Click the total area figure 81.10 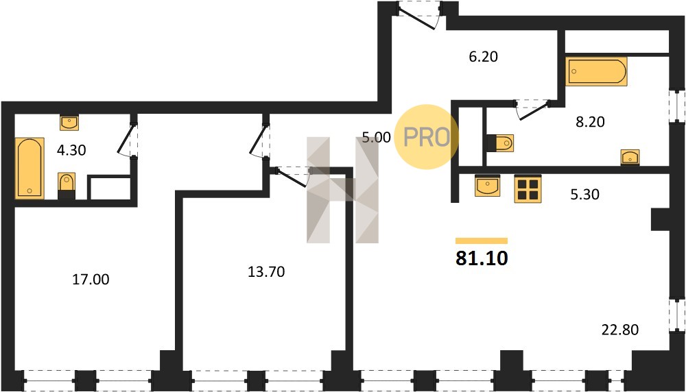482,258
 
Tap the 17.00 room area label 91,279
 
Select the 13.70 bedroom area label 266,272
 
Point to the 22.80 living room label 620,330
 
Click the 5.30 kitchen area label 585,194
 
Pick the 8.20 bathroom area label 590,121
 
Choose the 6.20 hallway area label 484,56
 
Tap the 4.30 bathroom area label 71,150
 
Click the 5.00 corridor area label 376,137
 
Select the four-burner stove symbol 528,188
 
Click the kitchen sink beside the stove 487,186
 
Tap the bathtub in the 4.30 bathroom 29,168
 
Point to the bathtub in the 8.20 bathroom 596,71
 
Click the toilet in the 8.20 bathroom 501,143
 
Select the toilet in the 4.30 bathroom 67,186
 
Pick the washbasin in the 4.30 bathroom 69,123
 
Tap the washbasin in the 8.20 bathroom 630,157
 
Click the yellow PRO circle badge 427,137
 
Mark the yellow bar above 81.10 482,241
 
